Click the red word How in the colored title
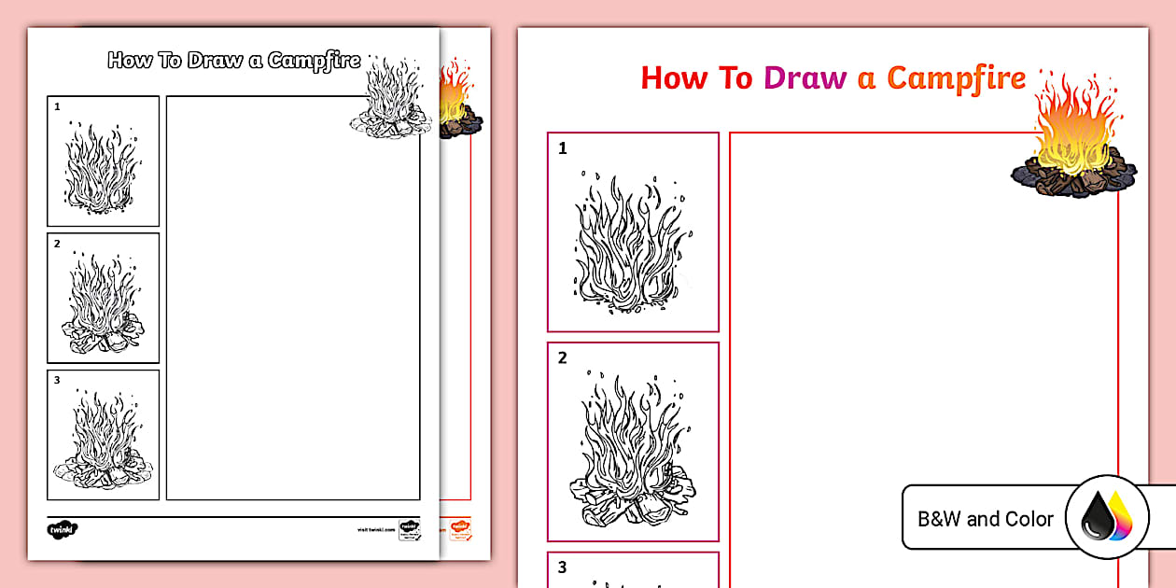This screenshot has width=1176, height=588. click(x=675, y=77)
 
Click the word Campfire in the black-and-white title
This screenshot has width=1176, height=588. click(x=314, y=62)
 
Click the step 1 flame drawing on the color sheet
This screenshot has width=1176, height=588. click(x=633, y=239)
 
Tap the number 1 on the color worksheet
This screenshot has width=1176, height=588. click(x=563, y=148)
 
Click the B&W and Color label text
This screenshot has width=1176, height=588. click(x=986, y=519)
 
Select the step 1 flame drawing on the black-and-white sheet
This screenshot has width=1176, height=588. click(x=103, y=167)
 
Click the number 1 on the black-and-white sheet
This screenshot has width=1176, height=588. click(x=57, y=106)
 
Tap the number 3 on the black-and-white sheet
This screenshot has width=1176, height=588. click(x=57, y=380)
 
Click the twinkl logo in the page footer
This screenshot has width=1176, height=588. click(x=63, y=529)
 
